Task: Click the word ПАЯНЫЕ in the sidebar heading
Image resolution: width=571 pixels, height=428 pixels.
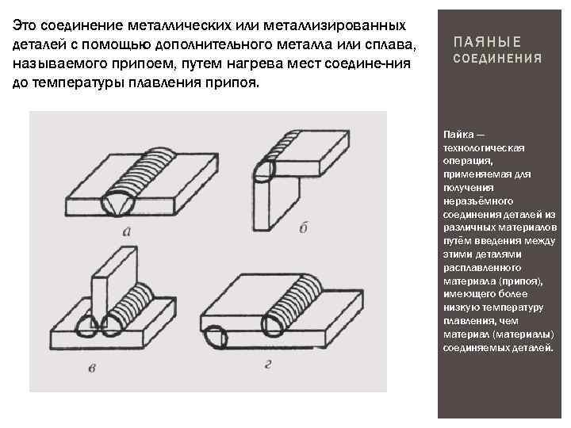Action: coord(487,42)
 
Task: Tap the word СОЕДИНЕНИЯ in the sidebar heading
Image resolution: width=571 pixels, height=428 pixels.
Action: coord(497,58)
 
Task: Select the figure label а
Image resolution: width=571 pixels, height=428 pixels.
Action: coord(127,231)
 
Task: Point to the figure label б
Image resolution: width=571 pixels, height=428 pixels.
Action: coord(303,227)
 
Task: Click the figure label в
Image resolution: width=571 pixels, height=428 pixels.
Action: coord(92,368)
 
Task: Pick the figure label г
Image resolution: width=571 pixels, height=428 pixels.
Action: coord(268,364)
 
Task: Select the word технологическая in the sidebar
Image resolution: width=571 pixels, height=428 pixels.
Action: coord(484,148)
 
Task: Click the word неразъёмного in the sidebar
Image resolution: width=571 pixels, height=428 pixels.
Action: coord(478,201)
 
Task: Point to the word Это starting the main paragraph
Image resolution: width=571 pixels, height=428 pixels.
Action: coord(25,25)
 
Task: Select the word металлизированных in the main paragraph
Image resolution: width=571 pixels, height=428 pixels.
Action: coord(335,25)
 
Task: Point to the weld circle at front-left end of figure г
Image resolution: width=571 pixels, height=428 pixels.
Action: coord(216,337)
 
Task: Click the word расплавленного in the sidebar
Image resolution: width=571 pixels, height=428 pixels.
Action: coord(482,268)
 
